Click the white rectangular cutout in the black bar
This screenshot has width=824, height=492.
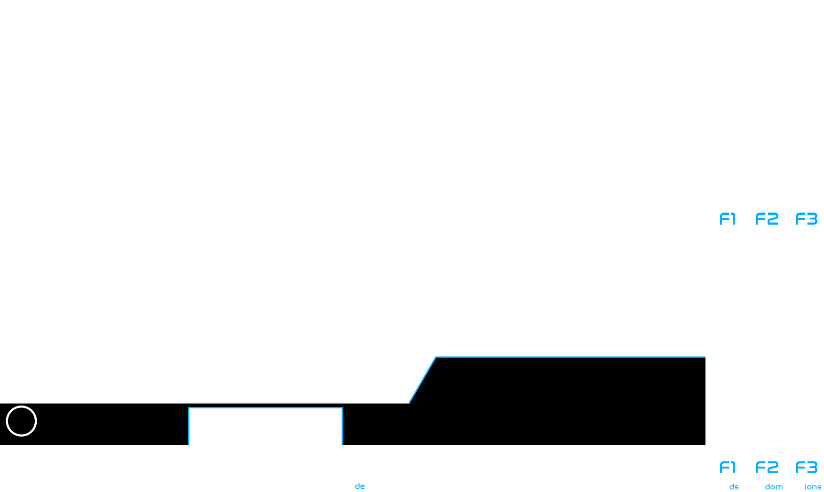tap(265, 426)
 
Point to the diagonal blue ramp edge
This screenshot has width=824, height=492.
tap(422, 380)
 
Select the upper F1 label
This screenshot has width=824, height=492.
tap(727, 219)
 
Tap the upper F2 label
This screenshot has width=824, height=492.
tap(767, 219)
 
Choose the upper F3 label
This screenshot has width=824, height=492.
tap(806, 219)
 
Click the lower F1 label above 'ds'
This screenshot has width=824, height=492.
tap(727, 468)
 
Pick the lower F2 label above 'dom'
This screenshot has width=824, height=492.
tap(767, 468)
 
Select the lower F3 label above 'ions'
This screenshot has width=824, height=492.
tap(806, 468)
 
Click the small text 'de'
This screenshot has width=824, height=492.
tap(360, 486)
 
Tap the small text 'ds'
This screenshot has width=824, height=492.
tap(734, 487)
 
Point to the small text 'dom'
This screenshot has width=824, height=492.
tap(774, 487)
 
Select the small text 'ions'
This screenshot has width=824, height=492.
tap(813, 487)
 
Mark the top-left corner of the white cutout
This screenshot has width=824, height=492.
tap(189, 407)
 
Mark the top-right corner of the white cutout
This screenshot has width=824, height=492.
tap(342, 407)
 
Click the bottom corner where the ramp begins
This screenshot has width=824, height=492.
tap(409, 403)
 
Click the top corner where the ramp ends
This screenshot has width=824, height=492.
tap(436, 357)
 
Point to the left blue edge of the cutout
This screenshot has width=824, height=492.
tap(189, 426)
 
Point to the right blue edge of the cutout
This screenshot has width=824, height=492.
tap(342, 426)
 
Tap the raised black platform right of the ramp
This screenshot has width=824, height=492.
tap(570, 401)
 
